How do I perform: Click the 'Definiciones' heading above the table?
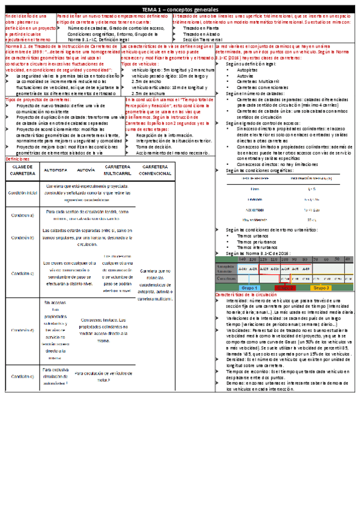pyautogui.click(x=16, y=159)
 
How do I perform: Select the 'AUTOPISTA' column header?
pyautogui.click(x=55, y=170)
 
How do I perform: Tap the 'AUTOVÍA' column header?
pyautogui.click(x=86, y=170)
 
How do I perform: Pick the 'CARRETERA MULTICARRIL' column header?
pyautogui.click(x=118, y=169)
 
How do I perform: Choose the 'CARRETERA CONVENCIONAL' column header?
pyautogui.click(x=154, y=169)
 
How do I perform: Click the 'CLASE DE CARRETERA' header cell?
pyautogui.click(x=23, y=169)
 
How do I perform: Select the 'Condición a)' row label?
pyautogui.click(x=23, y=215)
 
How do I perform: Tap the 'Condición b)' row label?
pyautogui.click(x=23, y=237)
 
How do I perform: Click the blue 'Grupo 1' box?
pyautogui.click(x=248, y=288)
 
